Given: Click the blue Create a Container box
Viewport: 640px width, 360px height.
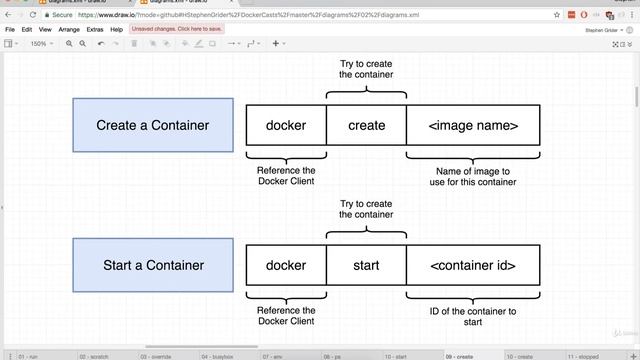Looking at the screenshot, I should point(153,125).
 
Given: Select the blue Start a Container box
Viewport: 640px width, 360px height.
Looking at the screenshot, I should point(153,265).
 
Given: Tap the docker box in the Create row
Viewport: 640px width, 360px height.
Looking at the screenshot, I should point(286,125).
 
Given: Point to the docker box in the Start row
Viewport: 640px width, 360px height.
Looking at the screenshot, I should point(286,265).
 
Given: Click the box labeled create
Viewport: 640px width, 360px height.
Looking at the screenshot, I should point(366,125).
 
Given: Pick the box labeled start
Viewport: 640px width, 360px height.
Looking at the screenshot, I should point(366,265).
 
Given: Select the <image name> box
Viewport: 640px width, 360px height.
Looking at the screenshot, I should point(473,125).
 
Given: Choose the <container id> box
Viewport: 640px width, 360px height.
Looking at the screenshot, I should point(473,265).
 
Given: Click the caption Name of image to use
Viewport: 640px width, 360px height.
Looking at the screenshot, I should point(473,176).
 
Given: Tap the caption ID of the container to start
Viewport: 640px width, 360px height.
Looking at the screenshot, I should point(473,316).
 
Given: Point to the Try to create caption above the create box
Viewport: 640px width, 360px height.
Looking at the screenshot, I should point(366,69).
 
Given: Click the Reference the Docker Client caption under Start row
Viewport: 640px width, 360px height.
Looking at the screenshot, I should point(286,316).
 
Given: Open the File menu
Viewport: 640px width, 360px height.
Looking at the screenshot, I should point(11,30).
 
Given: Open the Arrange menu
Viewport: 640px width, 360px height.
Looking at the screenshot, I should point(69,30).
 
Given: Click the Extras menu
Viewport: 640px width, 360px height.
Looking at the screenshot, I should point(95,30).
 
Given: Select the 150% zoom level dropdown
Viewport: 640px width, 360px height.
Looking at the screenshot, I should point(40,44).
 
